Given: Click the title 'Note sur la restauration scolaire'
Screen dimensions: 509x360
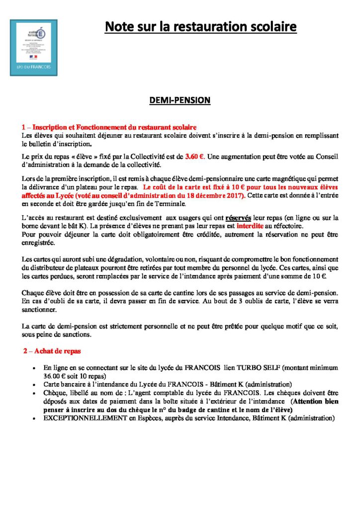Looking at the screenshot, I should tap(200, 26).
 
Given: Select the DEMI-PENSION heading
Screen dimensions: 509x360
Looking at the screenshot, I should tap(180, 100).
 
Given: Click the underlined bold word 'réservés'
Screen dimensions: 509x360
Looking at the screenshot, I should tap(238, 217).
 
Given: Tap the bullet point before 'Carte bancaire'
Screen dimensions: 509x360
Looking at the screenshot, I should tap(33, 385).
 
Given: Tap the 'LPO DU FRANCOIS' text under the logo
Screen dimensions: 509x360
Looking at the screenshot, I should tap(33, 67).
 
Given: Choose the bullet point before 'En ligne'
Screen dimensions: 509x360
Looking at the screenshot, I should tap(33, 368).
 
